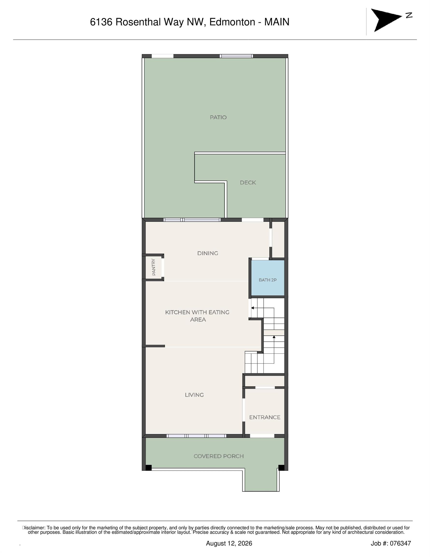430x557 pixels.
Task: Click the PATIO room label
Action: point(218,117)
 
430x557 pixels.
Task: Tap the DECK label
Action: point(248,183)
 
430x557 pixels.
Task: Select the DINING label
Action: point(208,253)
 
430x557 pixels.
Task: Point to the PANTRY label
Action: point(153,267)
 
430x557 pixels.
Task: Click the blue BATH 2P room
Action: point(268,278)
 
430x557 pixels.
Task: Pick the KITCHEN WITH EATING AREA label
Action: point(197,316)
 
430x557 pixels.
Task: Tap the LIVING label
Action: point(194,395)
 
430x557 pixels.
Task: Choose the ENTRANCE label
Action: point(265,417)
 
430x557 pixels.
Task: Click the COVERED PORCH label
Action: point(218,456)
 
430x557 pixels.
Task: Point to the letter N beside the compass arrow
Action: point(409,15)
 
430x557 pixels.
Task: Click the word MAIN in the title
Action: point(277,22)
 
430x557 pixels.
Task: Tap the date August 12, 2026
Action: point(229,543)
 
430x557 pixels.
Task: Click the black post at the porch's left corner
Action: point(148,468)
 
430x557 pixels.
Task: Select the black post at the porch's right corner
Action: point(281,468)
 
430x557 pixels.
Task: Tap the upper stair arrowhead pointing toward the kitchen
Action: point(253,308)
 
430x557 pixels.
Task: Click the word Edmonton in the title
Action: point(232,22)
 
